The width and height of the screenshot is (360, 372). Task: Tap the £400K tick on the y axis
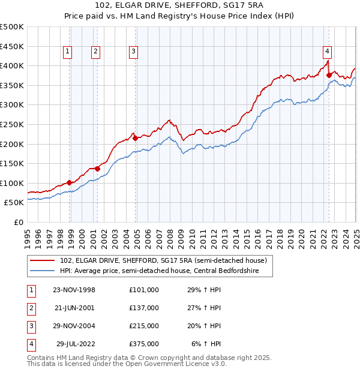point(12,65)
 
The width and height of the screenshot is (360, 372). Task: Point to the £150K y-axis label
point(12,163)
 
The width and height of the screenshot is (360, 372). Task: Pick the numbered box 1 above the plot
point(68,52)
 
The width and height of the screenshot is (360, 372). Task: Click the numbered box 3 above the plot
point(133,52)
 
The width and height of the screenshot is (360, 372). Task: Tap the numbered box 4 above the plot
point(327,52)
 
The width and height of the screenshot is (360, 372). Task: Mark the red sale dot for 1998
point(70,182)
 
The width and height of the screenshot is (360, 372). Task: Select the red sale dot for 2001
point(97,169)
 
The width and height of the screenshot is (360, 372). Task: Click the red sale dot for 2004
point(135,138)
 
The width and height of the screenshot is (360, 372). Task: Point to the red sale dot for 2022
point(329,75)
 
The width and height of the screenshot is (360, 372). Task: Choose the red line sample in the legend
point(43,260)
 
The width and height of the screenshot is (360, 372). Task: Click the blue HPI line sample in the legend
point(43,271)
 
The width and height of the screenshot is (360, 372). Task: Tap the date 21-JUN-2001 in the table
point(74,308)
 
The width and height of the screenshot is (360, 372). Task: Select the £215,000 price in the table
point(144,326)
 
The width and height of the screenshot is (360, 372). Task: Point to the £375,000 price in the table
point(144,344)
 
